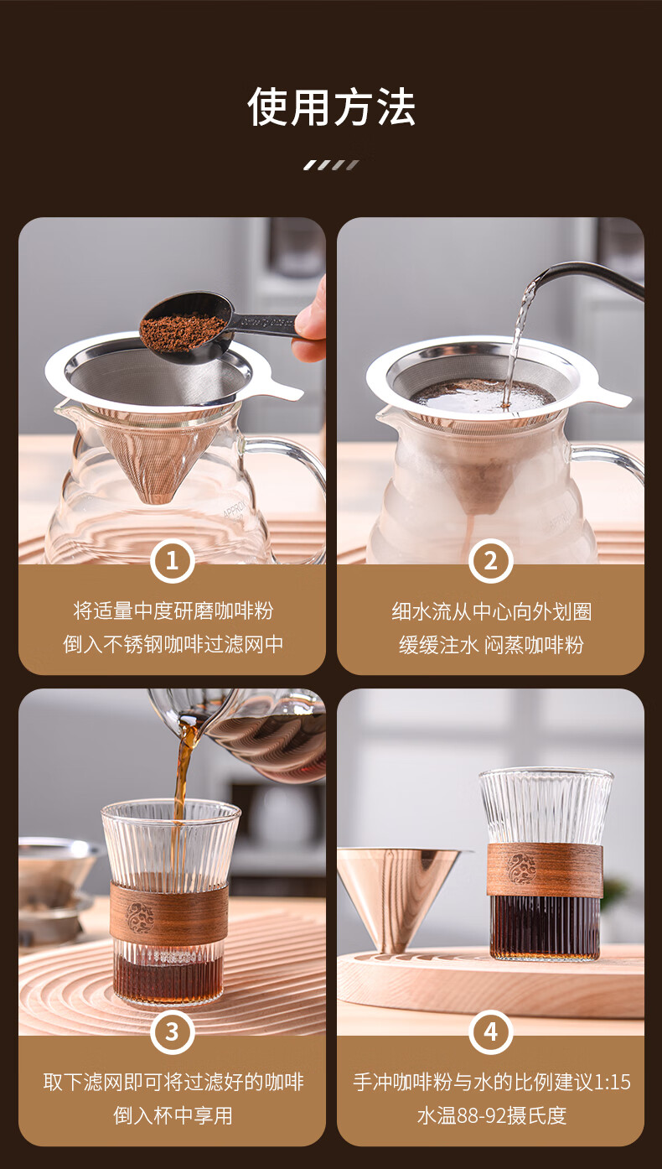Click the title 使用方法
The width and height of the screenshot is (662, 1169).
click(x=331, y=107)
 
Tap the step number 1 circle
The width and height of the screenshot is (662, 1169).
click(x=172, y=561)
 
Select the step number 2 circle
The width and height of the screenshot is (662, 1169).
click(x=490, y=561)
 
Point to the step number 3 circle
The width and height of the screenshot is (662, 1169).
click(x=172, y=1031)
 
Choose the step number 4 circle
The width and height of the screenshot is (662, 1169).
click(x=490, y=1031)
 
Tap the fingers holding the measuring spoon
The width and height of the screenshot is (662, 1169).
click(x=311, y=324)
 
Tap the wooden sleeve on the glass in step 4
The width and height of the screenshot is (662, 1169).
click(x=546, y=870)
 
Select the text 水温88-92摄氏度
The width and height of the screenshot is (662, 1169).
click(x=491, y=1115)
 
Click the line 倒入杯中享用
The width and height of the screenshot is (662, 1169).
click(x=173, y=1115)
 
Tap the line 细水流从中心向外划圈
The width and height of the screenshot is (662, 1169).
click(x=491, y=611)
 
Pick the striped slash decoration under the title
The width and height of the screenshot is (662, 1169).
click(x=332, y=165)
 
